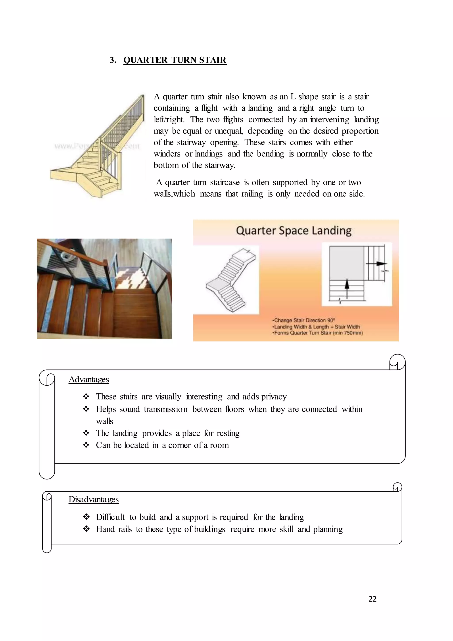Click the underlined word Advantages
pyautogui.click(x=89, y=379)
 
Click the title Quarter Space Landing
pyautogui.click(x=294, y=231)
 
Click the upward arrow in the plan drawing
pyautogui.click(x=347, y=288)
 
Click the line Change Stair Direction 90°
pyautogui.click(x=304, y=320)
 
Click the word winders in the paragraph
pyautogui.click(x=167, y=154)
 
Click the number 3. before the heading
pyautogui.click(x=113, y=60)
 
